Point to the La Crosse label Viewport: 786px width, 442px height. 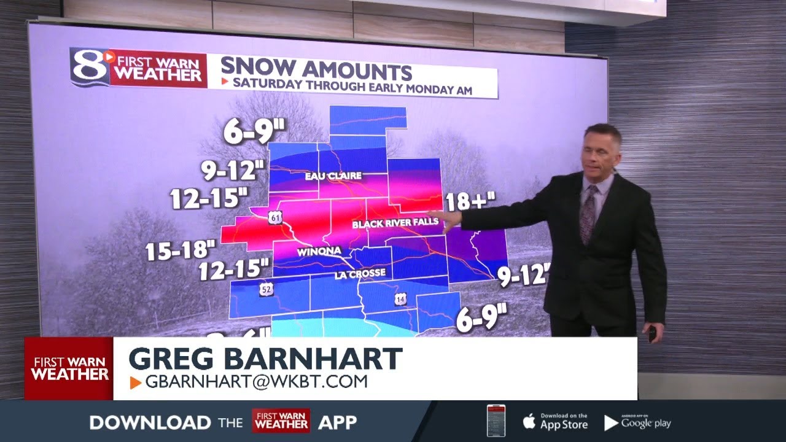tap(360, 273)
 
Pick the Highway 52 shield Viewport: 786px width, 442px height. tap(266, 289)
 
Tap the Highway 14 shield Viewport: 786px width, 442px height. tap(401, 299)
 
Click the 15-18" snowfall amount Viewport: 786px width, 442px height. tap(181, 251)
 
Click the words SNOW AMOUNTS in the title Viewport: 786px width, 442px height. tap(316, 69)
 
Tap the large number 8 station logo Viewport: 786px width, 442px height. tap(88, 66)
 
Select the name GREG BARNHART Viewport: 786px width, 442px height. tap(265, 359)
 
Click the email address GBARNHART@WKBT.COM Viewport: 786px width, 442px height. tap(256, 382)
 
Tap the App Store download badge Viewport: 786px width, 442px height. tap(556, 422)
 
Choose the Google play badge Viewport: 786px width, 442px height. tap(638, 422)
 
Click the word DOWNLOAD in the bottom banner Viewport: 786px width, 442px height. tap(149, 422)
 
